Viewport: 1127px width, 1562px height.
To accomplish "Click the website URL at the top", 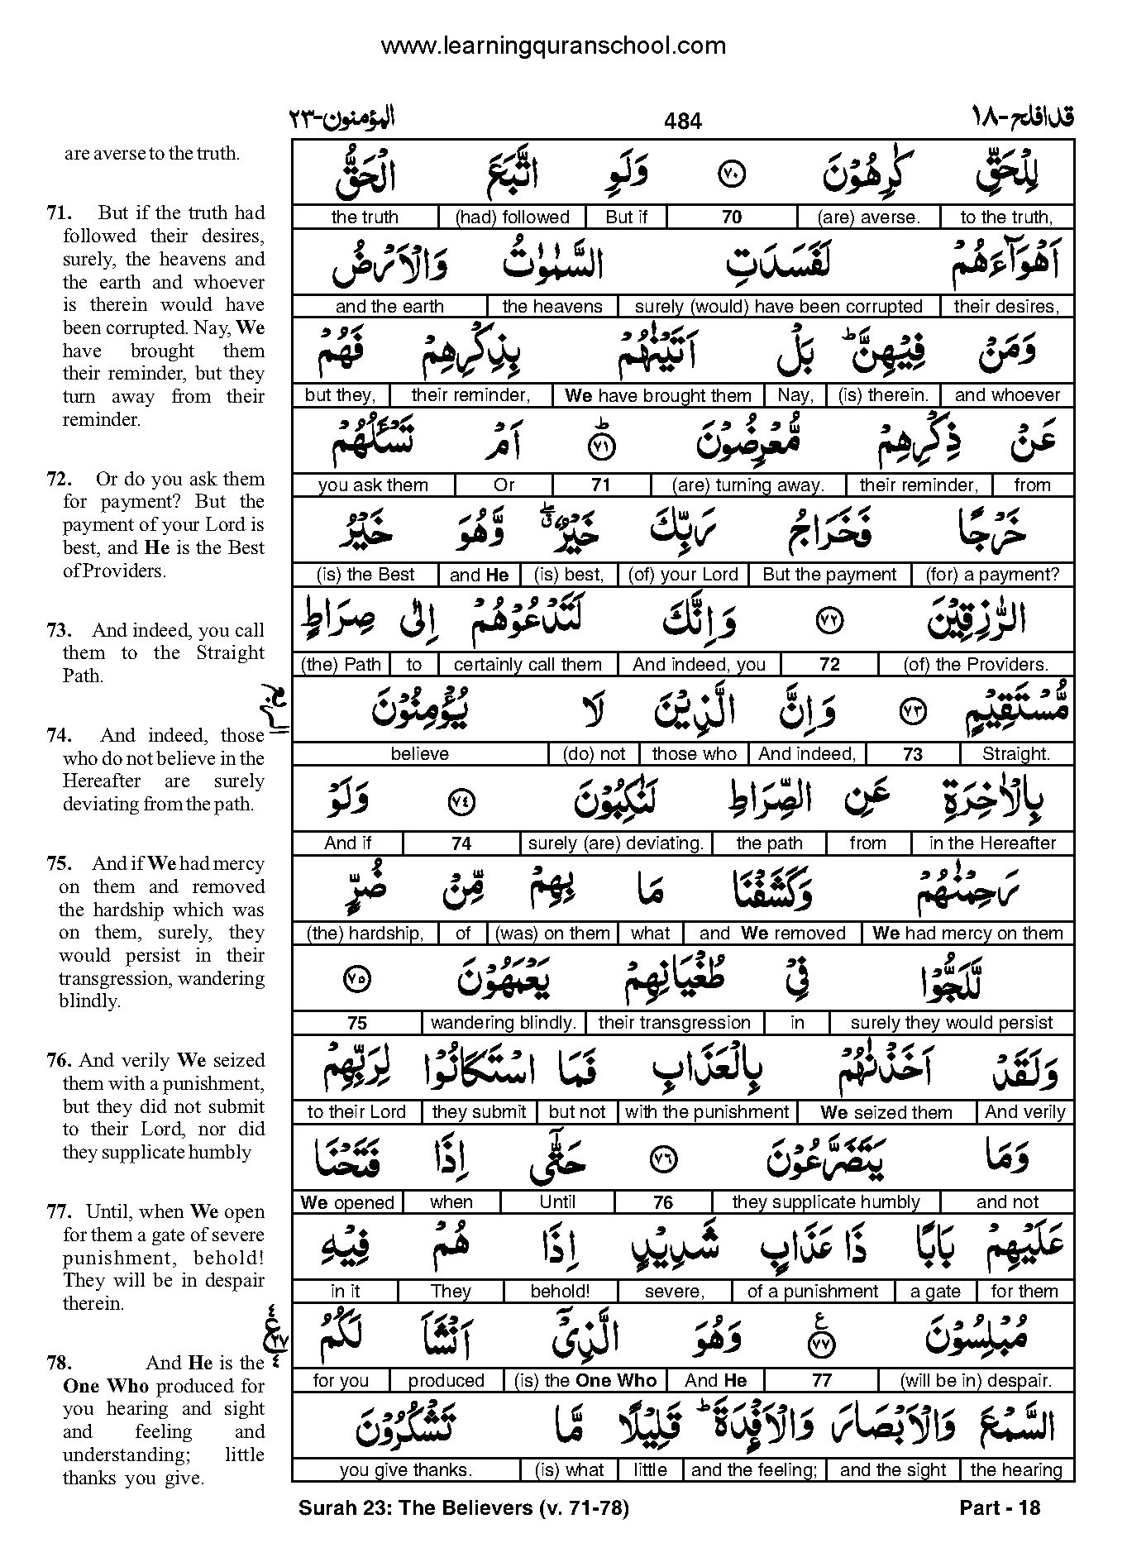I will pyautogui.click(x=553, y=46).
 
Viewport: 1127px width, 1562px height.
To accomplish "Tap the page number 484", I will pyautogui.click(x=682, y=122).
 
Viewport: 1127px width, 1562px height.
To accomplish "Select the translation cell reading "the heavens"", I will pyautogui.click(x=552, y=306).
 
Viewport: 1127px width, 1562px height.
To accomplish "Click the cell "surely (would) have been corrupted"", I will pyautogui.click(x=778, y=306).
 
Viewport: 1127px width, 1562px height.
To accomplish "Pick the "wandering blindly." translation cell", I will pyautogui.click(x=503, y=1023).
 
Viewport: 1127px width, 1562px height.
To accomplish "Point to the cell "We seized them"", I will pyautogui.click(x=886, y=1112).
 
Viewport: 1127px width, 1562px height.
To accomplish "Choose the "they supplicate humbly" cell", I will pyautogui.click(x=826, y=1201).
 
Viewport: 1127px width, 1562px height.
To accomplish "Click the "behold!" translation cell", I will pyautogui.click(x=560, y=1291).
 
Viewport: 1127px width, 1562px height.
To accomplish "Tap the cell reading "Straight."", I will pyautogui.click(x=1016, y=754).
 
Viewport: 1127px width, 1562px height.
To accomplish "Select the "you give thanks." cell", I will pyautogui.click(x=405, y=1469).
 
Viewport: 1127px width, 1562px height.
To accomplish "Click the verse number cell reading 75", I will pyautogui.click(x=356, y=1023).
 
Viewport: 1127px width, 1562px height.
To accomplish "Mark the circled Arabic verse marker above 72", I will pyautogui.click(x=829, y=621).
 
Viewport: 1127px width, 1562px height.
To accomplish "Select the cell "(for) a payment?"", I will pyautogui.click(x=991, y=575).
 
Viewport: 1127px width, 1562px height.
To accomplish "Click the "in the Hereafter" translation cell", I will pyautogui.click(x=992, y=843).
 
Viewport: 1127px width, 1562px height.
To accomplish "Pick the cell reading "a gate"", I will pyautogui.click(x=935, y=1291).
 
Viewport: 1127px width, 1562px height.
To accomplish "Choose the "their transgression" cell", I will pyautogui.click(x=674, y=1023).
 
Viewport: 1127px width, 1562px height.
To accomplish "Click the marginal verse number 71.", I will pyautogui.click(x=56, y=213).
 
